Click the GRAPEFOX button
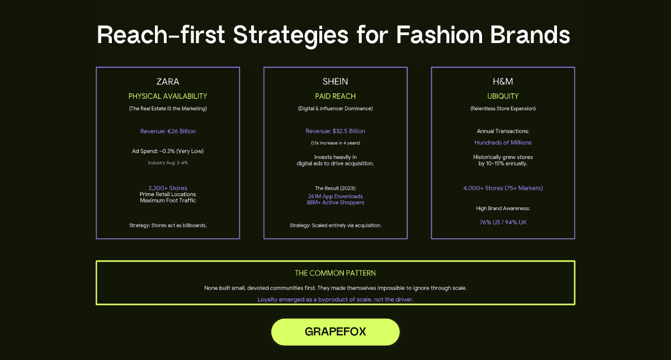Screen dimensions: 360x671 click(x=335, y=331)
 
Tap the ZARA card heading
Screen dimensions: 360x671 click(x=168, y=82)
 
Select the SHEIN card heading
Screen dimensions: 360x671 click(x=335, y=82)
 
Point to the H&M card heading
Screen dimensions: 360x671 click(x=503, y=82)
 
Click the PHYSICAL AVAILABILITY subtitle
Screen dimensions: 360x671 click(x=168, y=96)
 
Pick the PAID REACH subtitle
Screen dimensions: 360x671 click(x=335, y=96)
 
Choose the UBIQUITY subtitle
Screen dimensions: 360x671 click(x=503, y=96)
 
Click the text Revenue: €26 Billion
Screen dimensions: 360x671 click(x=168, y=131)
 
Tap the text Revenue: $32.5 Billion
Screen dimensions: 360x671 click(x=335, y=131)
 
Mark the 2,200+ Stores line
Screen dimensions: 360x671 click(x=168, y=188)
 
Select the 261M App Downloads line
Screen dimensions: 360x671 click(x=335, y=196)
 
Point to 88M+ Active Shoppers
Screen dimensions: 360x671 click(x=335, y=202)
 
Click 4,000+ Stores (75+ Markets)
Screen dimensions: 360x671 click(x=503, y=188)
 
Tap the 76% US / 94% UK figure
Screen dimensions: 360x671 click(x=503, y=222)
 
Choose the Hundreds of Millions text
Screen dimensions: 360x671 click(x=503, y=143)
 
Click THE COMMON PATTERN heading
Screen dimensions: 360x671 click(x=335, y=273)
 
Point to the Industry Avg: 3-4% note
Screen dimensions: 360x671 click(x=168, y=163)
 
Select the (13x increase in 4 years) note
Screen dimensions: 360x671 click(x=335, y=143)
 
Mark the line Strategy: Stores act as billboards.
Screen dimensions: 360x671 click(x=168, y=225)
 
